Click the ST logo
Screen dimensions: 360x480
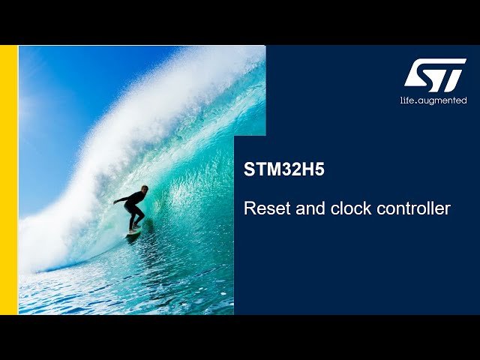coord(435,75)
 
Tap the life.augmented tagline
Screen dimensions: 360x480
coord(433,100)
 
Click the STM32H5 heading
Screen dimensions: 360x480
coord(284,169)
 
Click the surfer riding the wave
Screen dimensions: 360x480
coord(133,211)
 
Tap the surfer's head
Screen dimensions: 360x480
coord(144,190)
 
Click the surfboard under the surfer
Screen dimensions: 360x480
coord(134,232)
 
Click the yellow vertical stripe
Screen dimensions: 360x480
coord(8,180)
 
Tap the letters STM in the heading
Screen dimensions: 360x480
coord(262,169)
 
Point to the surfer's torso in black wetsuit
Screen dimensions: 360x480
coord(135,201)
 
